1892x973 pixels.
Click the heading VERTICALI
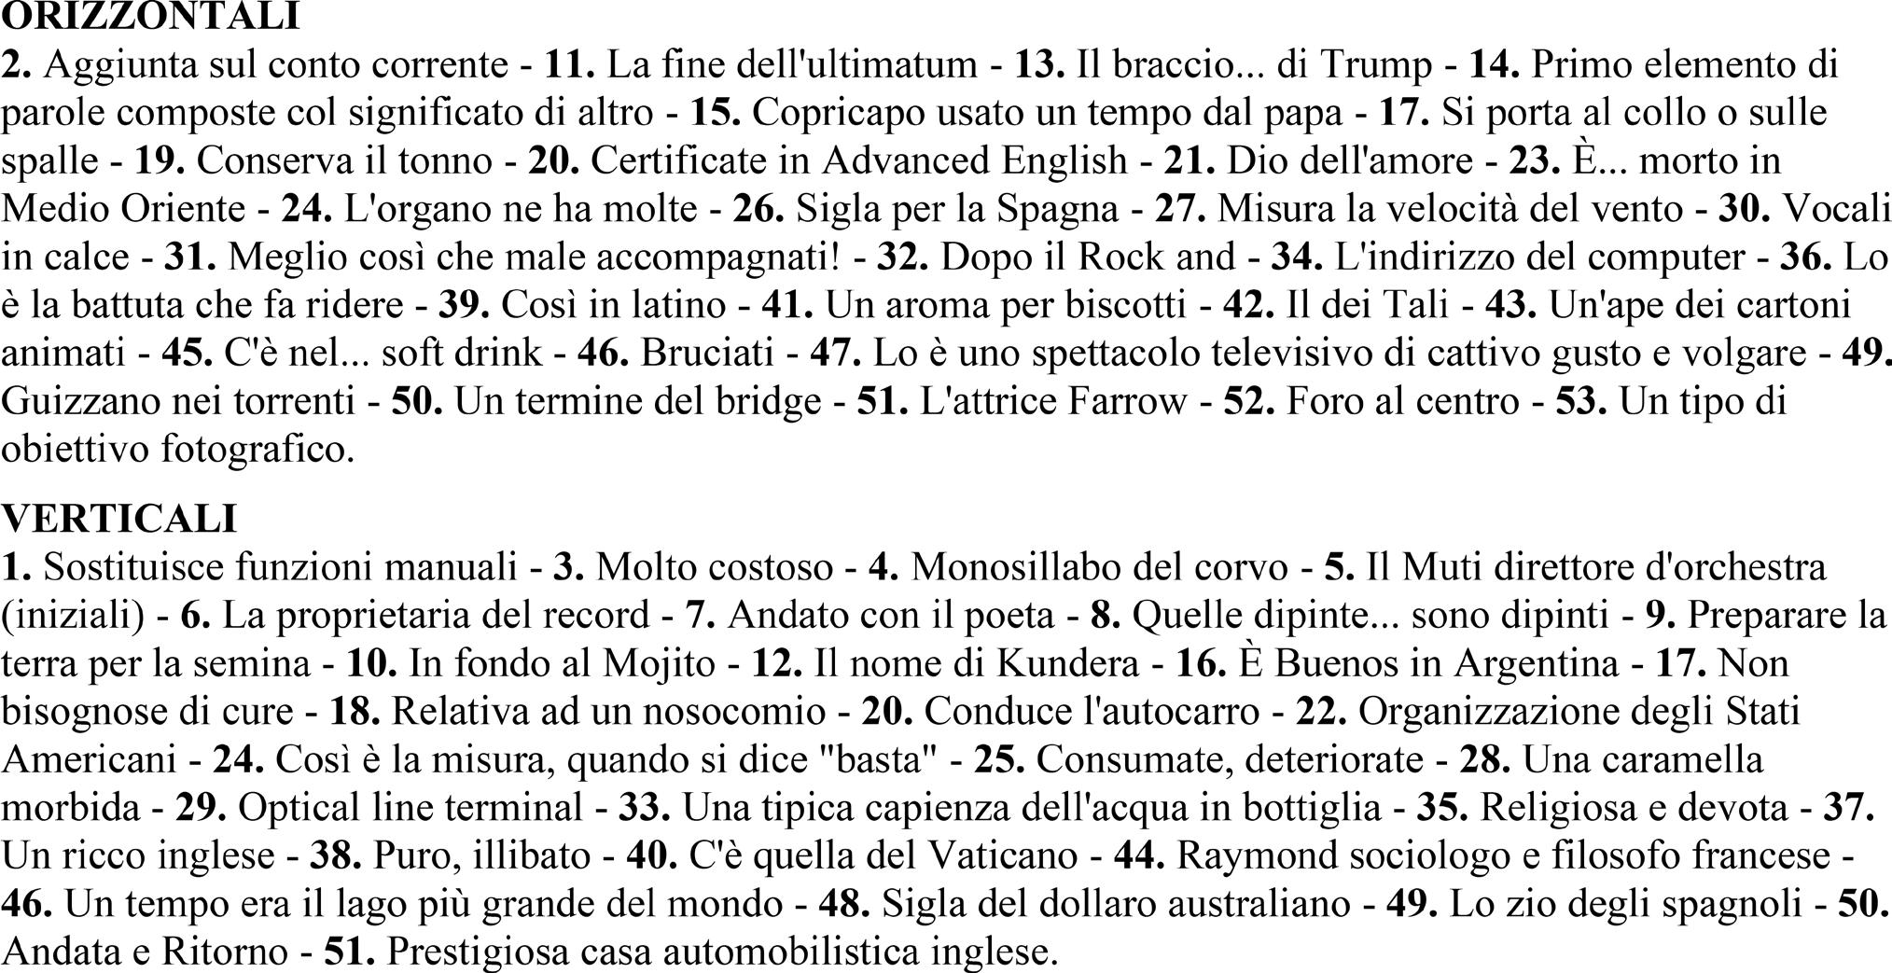click(119, 518)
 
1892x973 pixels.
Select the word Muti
click(1439, 566)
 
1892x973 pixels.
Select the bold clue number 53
click(1580, 401)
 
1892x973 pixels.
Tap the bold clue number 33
click(645, 807)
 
